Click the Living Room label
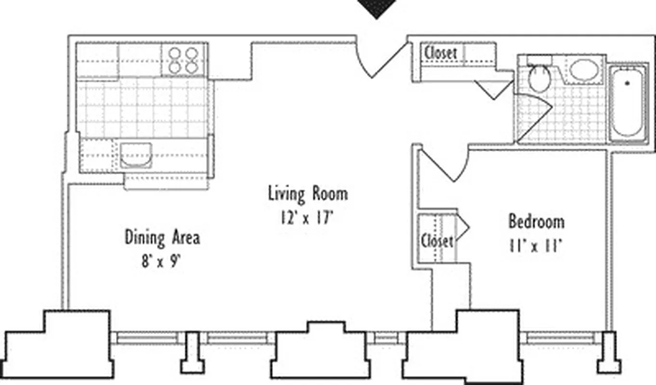pos(308,194)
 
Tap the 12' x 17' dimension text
pos(307,218)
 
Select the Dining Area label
pos(162,238)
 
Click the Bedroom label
pos(537,222)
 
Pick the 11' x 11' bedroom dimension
pos(534,246)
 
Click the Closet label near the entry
pos(440,53)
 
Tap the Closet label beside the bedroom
pos(437,240)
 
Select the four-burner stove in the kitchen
pos(184,60)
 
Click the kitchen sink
pos(135,155)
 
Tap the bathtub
pos(627,103)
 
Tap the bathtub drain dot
pos(627,83)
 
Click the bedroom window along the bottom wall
pos(559,338)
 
